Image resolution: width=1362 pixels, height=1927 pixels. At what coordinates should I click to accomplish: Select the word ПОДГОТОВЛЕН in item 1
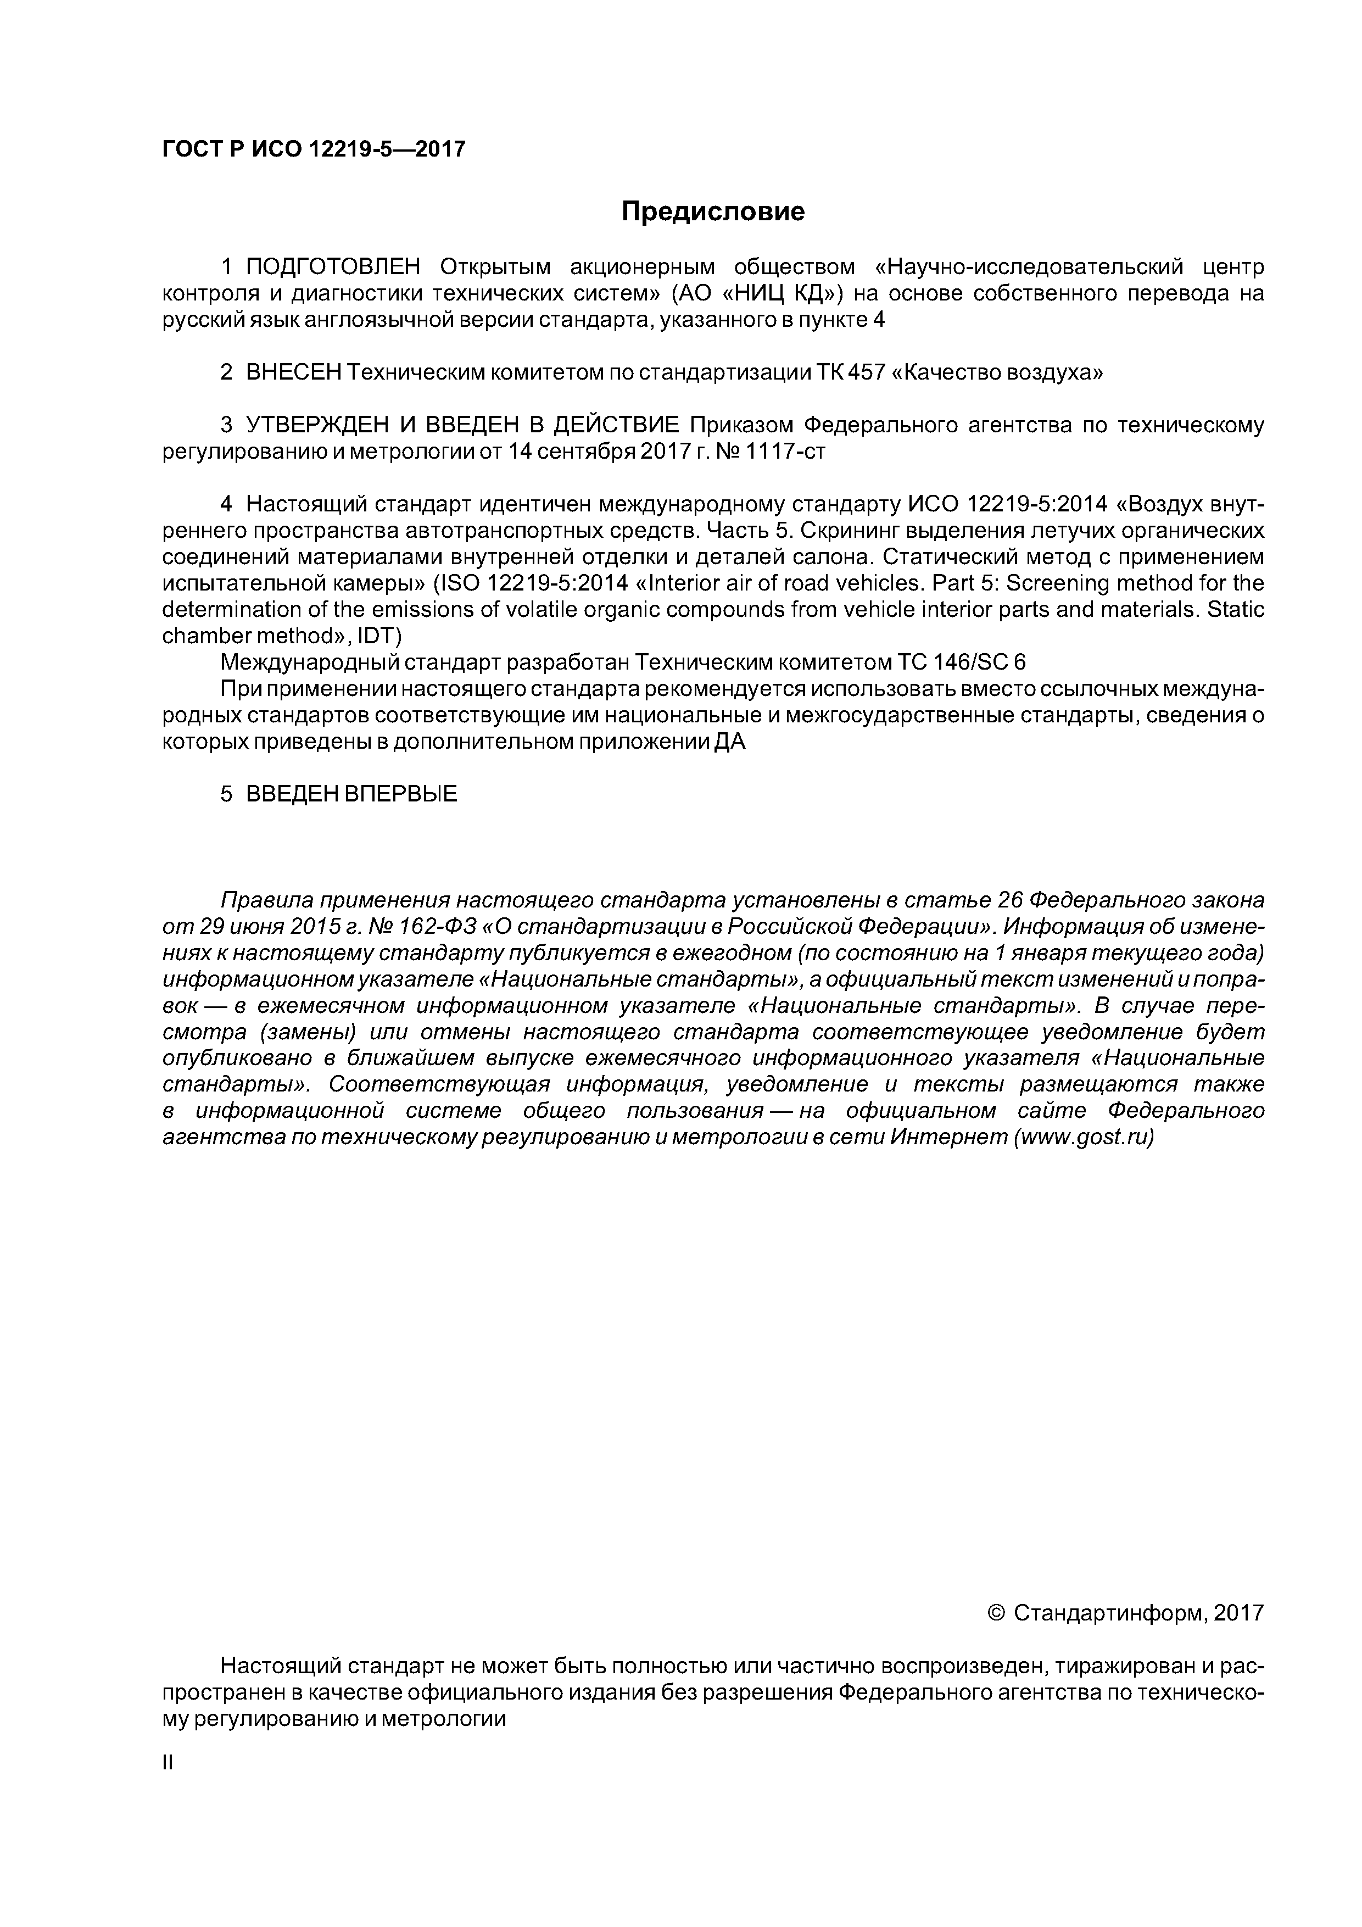click(333, 267)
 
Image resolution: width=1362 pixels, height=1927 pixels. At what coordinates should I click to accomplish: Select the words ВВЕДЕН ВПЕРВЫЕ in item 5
click(351, 793)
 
